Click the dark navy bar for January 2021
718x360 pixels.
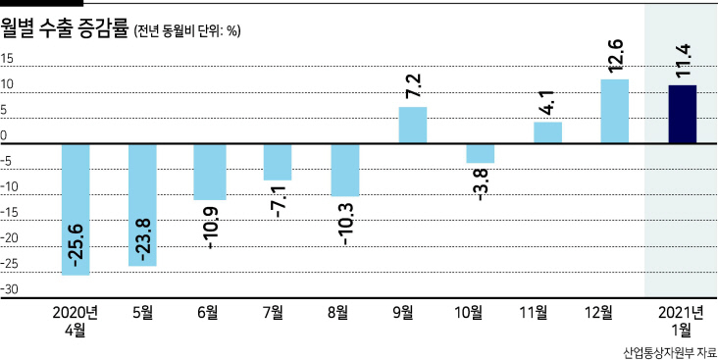(x=683, y=114)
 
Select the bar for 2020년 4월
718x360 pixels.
(x=76, y=209)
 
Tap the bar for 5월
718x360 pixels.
(x=142, y=205)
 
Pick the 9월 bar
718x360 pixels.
(x=413, y=125)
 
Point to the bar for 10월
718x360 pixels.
(x=481, y=153)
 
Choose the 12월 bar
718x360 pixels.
(x=614, y=111)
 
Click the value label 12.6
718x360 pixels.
(x=614, y=56)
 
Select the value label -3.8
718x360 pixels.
(x=481, y=184)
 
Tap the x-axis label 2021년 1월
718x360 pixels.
(x=682, y=321)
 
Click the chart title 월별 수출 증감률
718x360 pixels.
(x=65, y=28)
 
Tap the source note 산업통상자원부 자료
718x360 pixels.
(x=670, y=353)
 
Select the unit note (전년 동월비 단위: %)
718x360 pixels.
(x=186, y=31)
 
